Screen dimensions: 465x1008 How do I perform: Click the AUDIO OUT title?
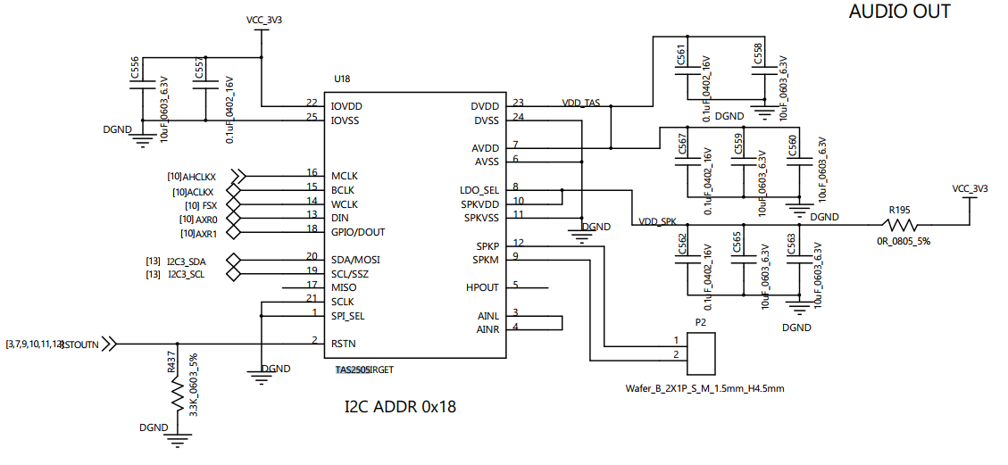point(899,12)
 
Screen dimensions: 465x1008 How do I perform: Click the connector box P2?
point(703,353)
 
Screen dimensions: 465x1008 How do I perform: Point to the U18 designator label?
point(342,79)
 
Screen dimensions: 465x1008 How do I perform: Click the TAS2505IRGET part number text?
point(364,369)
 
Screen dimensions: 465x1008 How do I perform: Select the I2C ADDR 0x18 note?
point(400,407)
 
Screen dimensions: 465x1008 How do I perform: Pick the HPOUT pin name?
point(482,287)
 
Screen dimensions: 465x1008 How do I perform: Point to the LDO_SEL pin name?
point(480,190)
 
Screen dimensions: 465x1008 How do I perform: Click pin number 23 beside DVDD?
point(518,103)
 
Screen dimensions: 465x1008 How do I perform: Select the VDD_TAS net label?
point(581,104)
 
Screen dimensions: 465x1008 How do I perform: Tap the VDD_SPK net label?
point(657,220)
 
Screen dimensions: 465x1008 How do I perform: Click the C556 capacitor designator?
point(135,68)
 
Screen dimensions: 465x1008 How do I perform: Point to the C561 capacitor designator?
point(681,54)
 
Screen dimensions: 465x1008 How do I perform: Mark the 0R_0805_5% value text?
point(903,241)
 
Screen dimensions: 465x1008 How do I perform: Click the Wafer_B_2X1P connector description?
point(705,388)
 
